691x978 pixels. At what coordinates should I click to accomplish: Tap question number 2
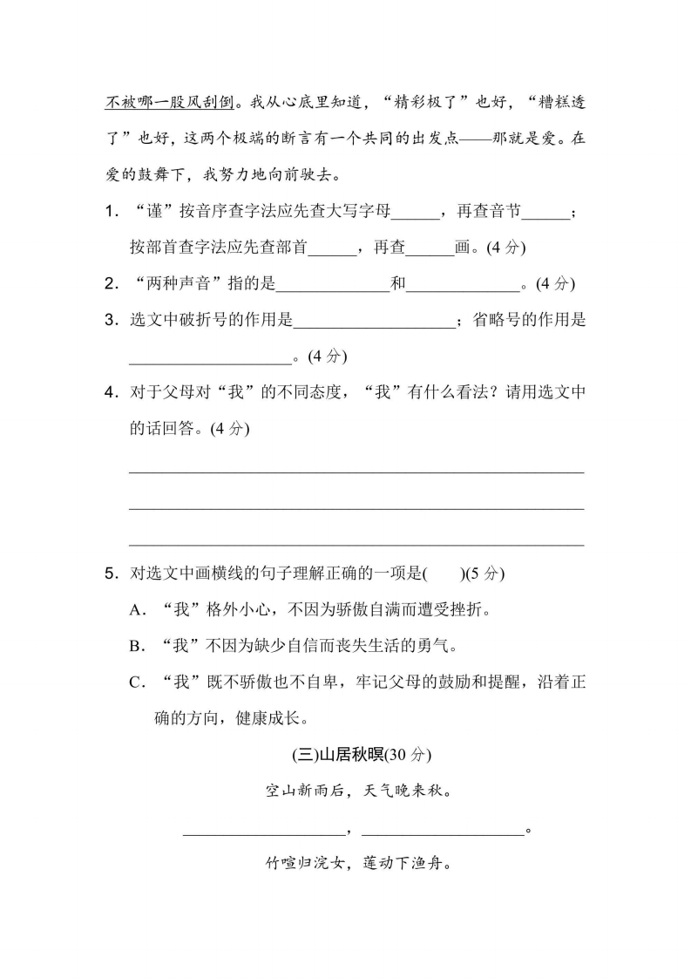point(110,283)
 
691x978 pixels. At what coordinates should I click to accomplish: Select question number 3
point(110,320)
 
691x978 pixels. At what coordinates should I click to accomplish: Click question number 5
point(110,573)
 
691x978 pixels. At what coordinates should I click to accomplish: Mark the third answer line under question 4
point(356,545)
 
